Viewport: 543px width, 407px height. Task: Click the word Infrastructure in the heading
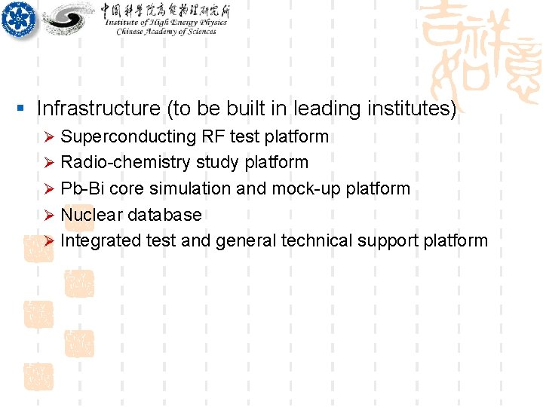click(x=98, y=109)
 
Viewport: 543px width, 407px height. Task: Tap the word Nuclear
click(x=91, y=215)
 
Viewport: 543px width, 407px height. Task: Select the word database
click(x=164, y=215)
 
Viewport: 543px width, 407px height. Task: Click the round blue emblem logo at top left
click(x=17, y=18)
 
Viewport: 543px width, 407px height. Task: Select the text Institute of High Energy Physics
click(x=166, y=23)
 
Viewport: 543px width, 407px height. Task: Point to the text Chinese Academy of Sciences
click(x=166, y=32)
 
